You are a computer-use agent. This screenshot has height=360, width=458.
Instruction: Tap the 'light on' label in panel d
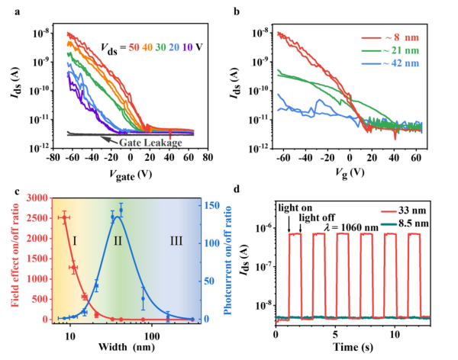pos(295,208)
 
